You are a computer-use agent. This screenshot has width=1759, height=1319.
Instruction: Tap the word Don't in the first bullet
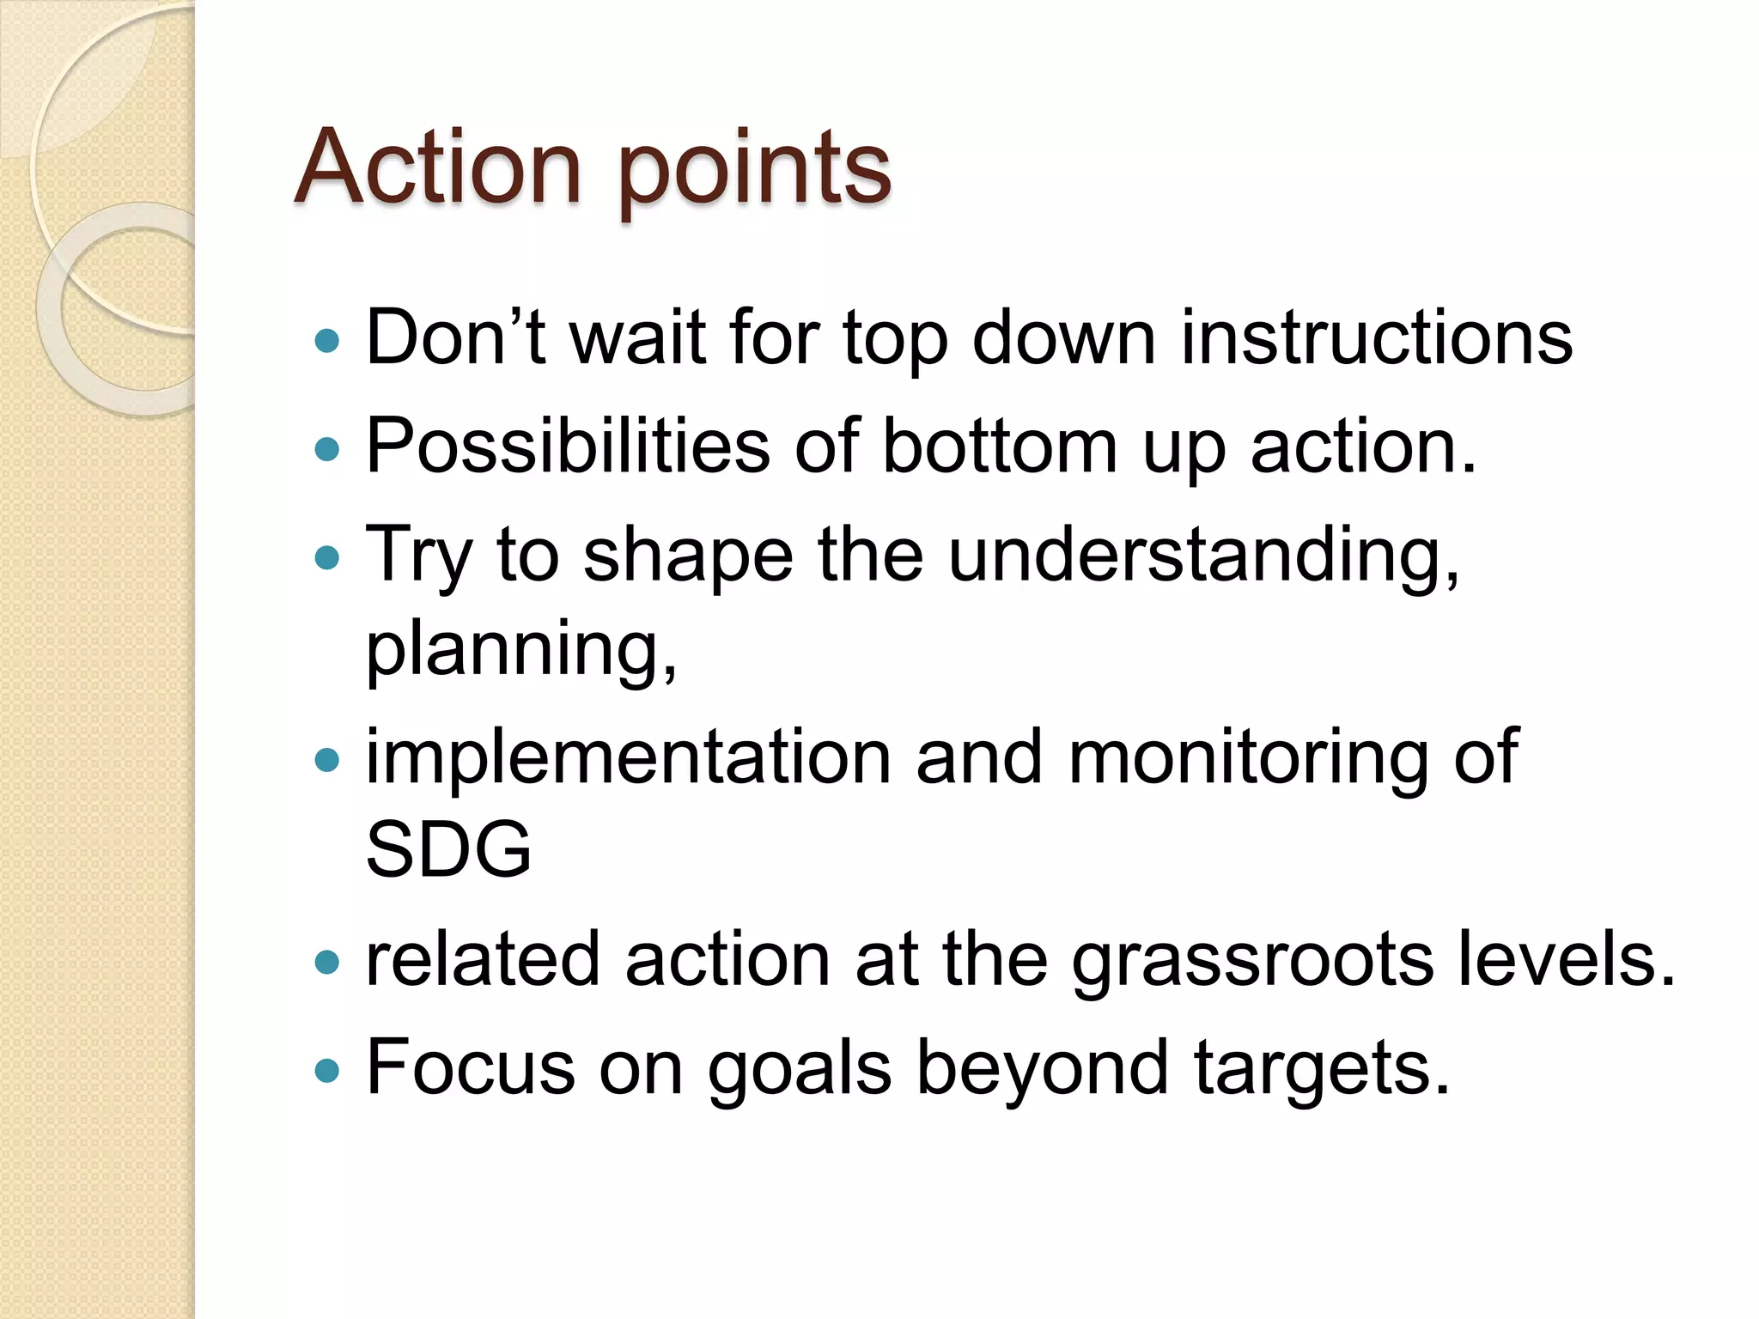tap(455, 337)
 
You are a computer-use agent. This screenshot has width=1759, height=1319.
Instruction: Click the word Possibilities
tap(568, 446)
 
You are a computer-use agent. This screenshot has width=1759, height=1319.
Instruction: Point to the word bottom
tap(1000, 446)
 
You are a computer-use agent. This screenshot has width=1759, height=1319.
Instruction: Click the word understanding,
tap(1203, 556)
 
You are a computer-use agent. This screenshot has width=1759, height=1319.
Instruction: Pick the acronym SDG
tap(448, 849)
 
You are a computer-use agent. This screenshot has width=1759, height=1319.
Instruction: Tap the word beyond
tap(1043, 1069)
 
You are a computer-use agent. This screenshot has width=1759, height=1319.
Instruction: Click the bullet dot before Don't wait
tap(327, 342)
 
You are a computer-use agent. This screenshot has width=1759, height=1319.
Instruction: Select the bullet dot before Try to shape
tap(327, 559)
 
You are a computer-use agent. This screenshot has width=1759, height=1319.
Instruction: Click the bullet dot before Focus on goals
tap(327, 1071)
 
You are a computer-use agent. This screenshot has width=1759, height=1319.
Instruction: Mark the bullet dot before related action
tap(327, 962)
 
